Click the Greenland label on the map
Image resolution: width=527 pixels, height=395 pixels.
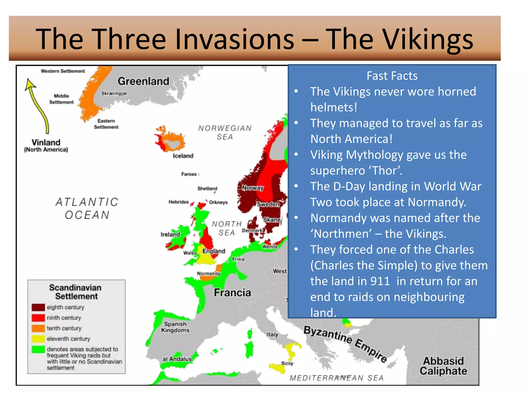click(143, 81)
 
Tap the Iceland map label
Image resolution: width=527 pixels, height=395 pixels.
click(183, 156)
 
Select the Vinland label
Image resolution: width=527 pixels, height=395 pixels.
click(46, 142)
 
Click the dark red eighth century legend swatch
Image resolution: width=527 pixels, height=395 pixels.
click(38, 307)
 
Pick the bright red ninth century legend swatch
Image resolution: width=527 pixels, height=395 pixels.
click(38, 318)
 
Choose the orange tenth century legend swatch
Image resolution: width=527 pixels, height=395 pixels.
click(38, 328)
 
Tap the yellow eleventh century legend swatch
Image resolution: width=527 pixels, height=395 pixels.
click(38, 339)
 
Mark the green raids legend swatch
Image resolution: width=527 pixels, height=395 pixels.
click(38, 349)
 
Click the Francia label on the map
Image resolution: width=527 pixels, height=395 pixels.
click(232, 293)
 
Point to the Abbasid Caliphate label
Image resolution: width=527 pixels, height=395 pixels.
click(443, 366)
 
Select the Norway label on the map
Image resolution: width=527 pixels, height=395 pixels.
click(253, 188)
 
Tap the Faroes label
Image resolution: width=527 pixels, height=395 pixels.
click(189, 174)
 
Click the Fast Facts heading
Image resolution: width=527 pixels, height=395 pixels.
click(392, 76)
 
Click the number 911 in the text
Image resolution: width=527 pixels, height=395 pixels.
click(380, 281)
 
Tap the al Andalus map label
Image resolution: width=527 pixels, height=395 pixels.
click(177, 359)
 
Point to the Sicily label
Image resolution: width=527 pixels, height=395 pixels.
click(287, 363)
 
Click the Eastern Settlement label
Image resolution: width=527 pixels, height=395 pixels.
click(106, 124)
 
